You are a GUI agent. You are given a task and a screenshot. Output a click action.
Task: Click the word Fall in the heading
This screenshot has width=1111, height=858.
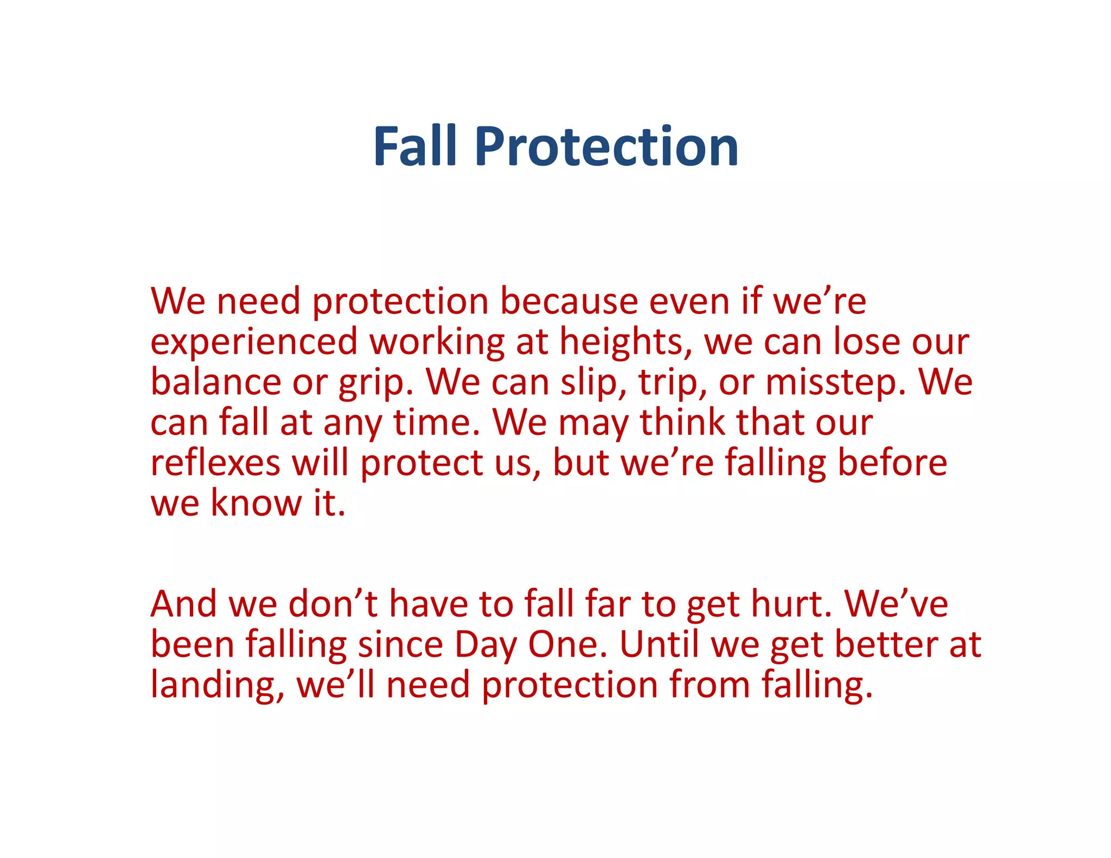[x=415, y=146]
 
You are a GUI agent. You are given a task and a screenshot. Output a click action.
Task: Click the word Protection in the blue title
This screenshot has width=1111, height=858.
[x=606, y=146]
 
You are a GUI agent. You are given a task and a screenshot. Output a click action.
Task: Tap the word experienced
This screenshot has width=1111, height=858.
[x=254, y=343]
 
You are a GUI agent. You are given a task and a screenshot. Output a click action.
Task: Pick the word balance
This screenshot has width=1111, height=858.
[x=216, y=382]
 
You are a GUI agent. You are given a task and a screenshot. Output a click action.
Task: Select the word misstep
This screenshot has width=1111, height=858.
[x=835, y=383]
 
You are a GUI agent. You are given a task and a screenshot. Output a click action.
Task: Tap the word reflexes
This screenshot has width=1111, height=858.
[x=215, y=463]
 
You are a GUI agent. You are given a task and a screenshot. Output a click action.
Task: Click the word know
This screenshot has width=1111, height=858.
[x=256, y=503]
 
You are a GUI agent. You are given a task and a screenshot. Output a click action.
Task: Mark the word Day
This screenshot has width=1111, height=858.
[x=486, y=645]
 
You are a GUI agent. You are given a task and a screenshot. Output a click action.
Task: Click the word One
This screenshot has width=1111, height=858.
[x=567, y=644]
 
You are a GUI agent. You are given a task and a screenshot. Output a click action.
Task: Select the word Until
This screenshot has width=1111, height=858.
[x=659, y=644]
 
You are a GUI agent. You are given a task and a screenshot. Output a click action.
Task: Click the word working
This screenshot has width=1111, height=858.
[x=437, y=343]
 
